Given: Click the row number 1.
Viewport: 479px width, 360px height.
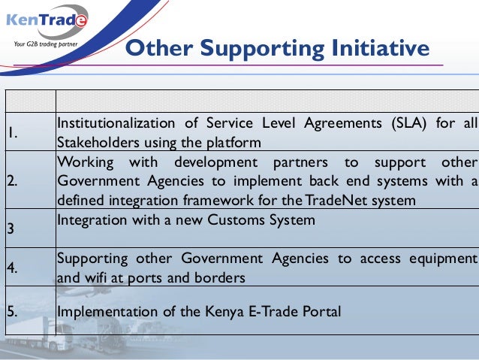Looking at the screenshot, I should (13, 134).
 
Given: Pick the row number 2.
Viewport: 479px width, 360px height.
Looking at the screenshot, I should (13, 182).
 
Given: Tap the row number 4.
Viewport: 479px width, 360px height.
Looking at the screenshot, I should (13, 268).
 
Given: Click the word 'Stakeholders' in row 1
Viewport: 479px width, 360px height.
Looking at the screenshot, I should (95, 143).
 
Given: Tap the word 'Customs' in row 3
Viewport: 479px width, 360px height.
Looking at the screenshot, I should (254, 219).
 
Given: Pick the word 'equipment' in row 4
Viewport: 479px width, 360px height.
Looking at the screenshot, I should (443, 259).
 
